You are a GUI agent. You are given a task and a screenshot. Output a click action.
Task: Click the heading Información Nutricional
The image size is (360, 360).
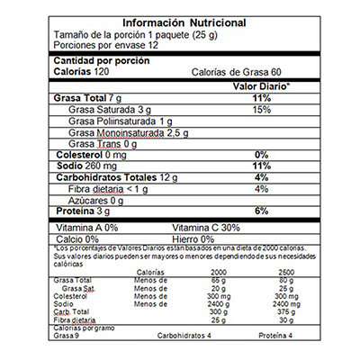click(179, 21)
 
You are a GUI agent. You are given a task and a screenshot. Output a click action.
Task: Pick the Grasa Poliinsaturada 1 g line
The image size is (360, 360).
click(121, 121)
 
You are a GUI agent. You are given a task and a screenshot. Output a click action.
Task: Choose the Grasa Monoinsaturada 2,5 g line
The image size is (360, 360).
click(128, 132)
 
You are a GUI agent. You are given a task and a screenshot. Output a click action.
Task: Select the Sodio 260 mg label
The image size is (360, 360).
click(85, 166)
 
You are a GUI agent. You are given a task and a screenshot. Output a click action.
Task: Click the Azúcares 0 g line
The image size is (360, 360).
click(96, 201)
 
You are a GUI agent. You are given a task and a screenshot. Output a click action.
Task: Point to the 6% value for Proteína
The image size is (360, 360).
click(262, 211)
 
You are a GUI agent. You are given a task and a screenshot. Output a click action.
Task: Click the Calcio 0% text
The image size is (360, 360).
click(79, 239)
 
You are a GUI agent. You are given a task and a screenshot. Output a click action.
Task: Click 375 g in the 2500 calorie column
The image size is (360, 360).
click(287, 312)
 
